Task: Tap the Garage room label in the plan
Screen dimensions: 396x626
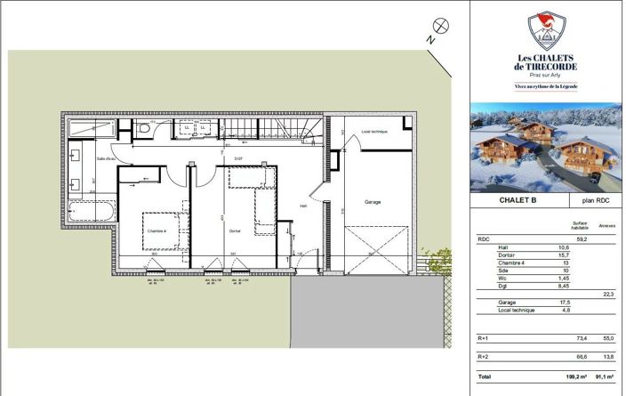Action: click(x=373, y=202)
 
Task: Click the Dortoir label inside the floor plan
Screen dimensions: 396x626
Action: click(x=235, y=232)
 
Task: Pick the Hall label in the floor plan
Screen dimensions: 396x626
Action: click(x=303, y=206)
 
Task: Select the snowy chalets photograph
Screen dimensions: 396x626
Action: click(x=546, y=148)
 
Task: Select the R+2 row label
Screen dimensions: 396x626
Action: click(x=484, y=356)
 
